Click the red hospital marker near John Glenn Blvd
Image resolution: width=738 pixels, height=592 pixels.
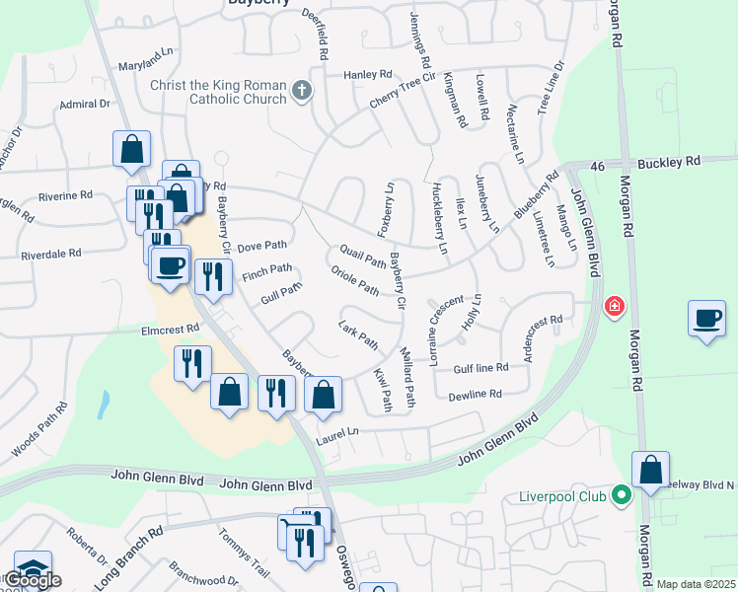[x=614, y=307]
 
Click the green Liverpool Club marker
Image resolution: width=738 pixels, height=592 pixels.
[x=621, y=494]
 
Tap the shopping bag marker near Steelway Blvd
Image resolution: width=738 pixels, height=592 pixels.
[x=651, y=471]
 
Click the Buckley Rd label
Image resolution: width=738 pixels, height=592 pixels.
[x=668, y=161]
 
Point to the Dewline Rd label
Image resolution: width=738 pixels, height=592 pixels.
[x=476, y=394]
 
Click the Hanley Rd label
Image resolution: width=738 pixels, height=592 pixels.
[x=368, y=75]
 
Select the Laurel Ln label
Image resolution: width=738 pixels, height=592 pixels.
[x=337, y=432]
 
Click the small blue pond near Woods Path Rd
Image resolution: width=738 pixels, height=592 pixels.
[x=104, y=403]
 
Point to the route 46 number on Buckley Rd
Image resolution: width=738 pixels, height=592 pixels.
[x=597, y=169]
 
